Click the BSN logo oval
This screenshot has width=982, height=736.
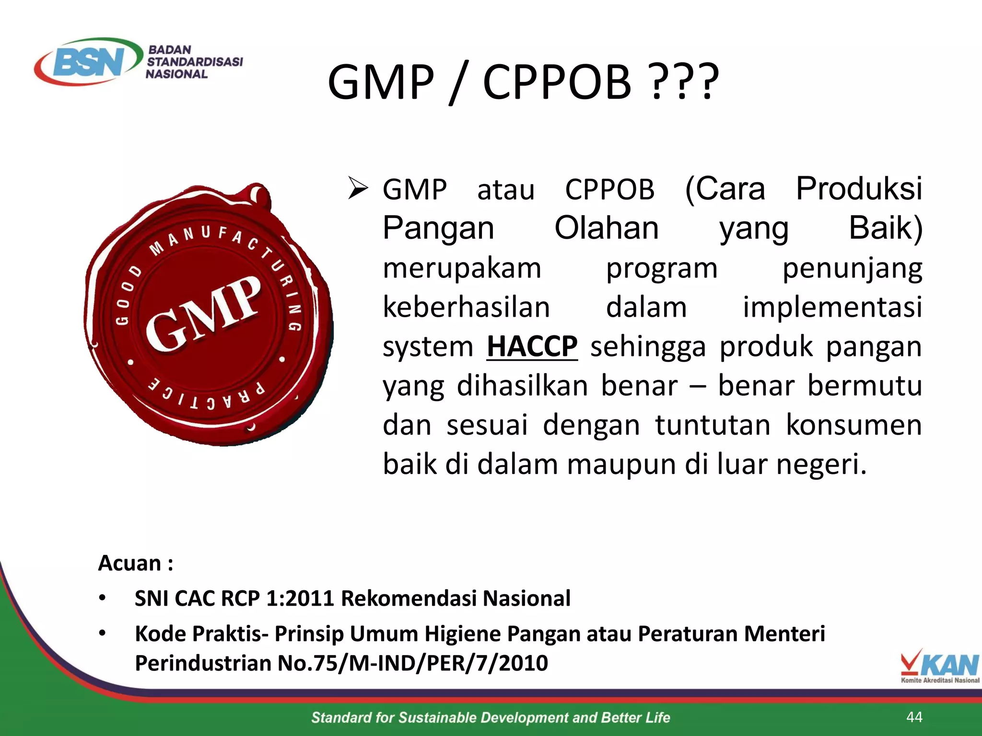coord(89,61)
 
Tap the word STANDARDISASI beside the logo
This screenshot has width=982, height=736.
coord(195,62)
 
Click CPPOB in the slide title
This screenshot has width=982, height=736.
coord(557,82)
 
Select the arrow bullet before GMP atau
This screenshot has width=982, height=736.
coord(358,188)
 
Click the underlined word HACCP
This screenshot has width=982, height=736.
coord(532,346)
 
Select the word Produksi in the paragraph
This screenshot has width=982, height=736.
coord(858,188)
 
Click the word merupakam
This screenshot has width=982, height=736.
coord(462,268)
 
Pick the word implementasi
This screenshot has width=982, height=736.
coord(832,307)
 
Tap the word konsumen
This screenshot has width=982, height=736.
coord(853,425)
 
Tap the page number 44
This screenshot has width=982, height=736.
coord(914,717)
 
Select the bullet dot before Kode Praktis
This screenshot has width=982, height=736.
coord(102,633)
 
